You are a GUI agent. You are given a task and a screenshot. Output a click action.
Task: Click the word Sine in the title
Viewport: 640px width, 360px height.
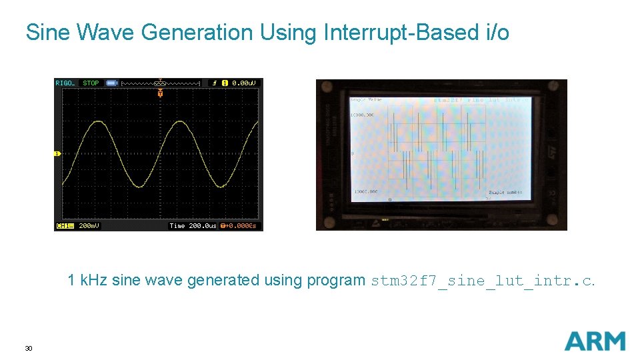tap(46, 32)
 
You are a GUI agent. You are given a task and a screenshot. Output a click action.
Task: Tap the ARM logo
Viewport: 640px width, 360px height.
tap(595, 341)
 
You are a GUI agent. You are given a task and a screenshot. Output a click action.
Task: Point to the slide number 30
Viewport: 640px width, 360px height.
tap(28, 349)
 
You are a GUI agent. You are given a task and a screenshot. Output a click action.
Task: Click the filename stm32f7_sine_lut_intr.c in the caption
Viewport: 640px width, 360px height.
tap(481, 281)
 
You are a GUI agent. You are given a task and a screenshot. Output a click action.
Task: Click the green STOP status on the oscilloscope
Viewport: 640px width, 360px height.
tap(91, 83)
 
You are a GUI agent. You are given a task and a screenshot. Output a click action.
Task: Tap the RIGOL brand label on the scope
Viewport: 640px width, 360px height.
tap(65, 83)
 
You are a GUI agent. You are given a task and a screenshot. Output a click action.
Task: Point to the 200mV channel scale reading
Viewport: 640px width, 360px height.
tap(89, 226)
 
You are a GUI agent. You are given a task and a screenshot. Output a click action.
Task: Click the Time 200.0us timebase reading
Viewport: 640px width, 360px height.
tap(193, 226)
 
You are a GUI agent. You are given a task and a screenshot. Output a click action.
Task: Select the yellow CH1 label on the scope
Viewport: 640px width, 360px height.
tap(65, 226)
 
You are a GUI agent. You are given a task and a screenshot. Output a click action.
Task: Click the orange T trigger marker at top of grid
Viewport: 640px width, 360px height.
tap(160, 94)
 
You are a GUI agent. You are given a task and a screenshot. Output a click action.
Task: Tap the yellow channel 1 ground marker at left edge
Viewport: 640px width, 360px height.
tap(57, 154)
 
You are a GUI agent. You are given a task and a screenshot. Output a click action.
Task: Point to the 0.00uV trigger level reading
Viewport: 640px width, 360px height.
tap(243, 83)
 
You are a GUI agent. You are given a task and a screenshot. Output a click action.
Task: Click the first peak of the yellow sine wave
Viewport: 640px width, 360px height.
tap(98, 122)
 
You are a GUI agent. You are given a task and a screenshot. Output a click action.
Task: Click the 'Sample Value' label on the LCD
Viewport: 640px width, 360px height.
tap(366, 100)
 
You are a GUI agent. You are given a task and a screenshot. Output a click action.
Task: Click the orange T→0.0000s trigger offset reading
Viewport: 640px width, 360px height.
tap(238, 226)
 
